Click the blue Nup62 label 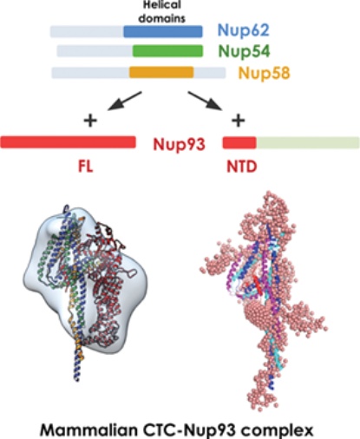point(243,30)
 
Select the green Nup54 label point(244,51)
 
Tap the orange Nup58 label point(264,73)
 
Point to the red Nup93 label point(180,144)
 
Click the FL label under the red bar point(86,167)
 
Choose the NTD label point(242,167)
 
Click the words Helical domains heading point(162,11)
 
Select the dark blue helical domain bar point(163,31)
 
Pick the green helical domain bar point(167,51)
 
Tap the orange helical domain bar point(161,72)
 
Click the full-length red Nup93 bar point(69,142)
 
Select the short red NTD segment point(239,143)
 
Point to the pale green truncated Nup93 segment point(308,143)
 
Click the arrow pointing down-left point(124,101)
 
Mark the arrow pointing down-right point(206,101)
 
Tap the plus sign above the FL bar point(90,121)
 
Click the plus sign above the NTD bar point(239,121)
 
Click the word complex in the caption point(278,431)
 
